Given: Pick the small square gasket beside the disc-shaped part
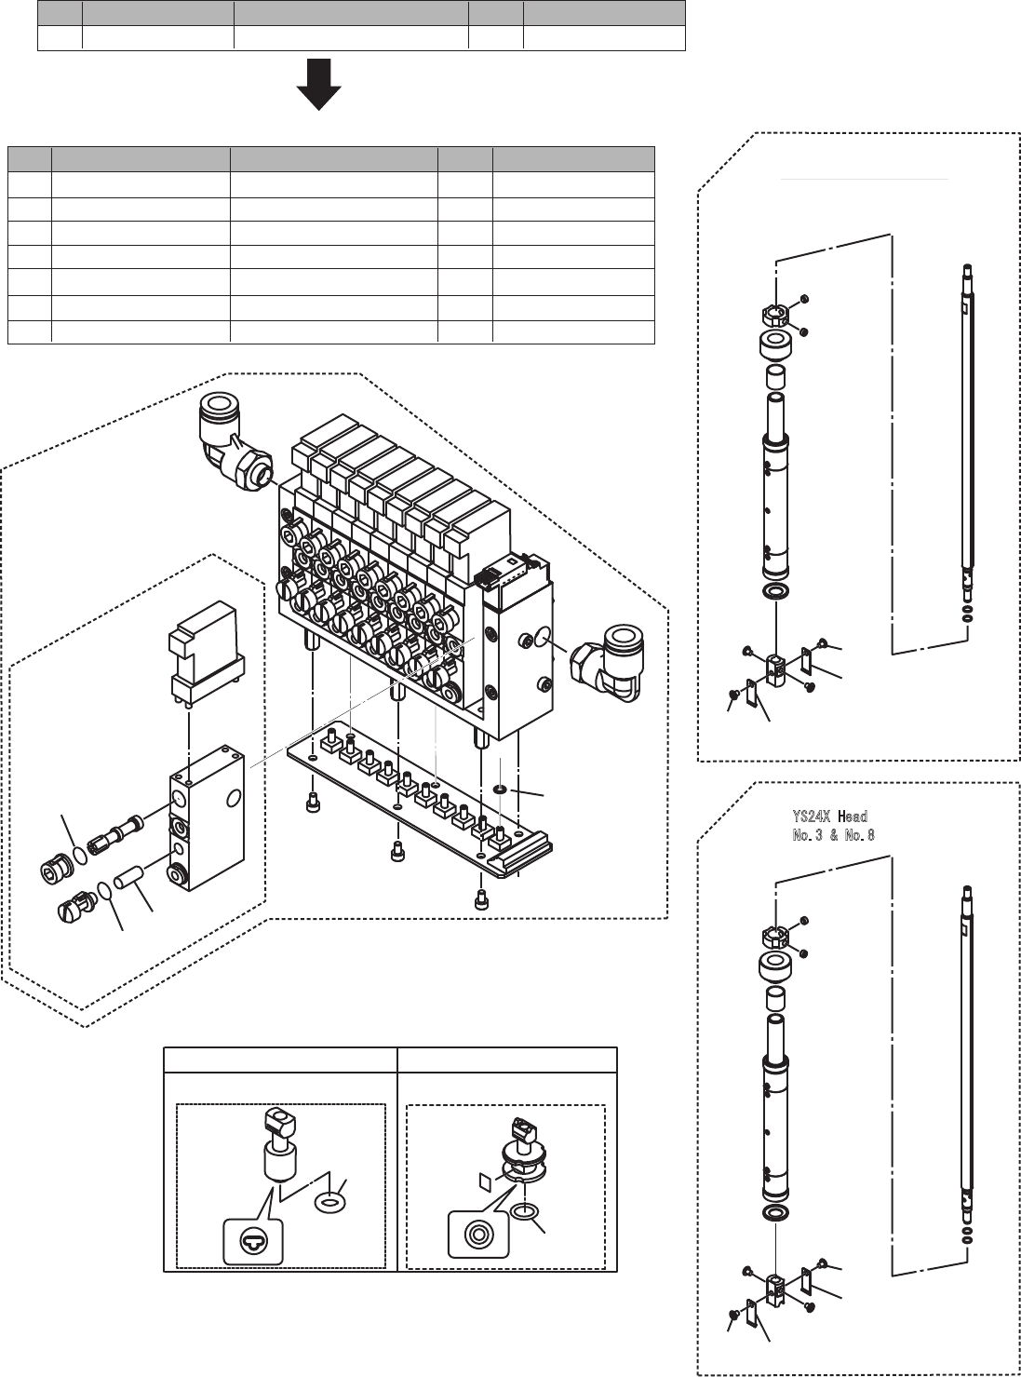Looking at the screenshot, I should pyautogui.click(x=484, y=1181).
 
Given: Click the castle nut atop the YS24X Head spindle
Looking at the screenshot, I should pyautogui.click(x=776, y=934).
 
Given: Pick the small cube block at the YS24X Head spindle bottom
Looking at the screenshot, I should pyautogui.click(x=775, y=1288).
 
